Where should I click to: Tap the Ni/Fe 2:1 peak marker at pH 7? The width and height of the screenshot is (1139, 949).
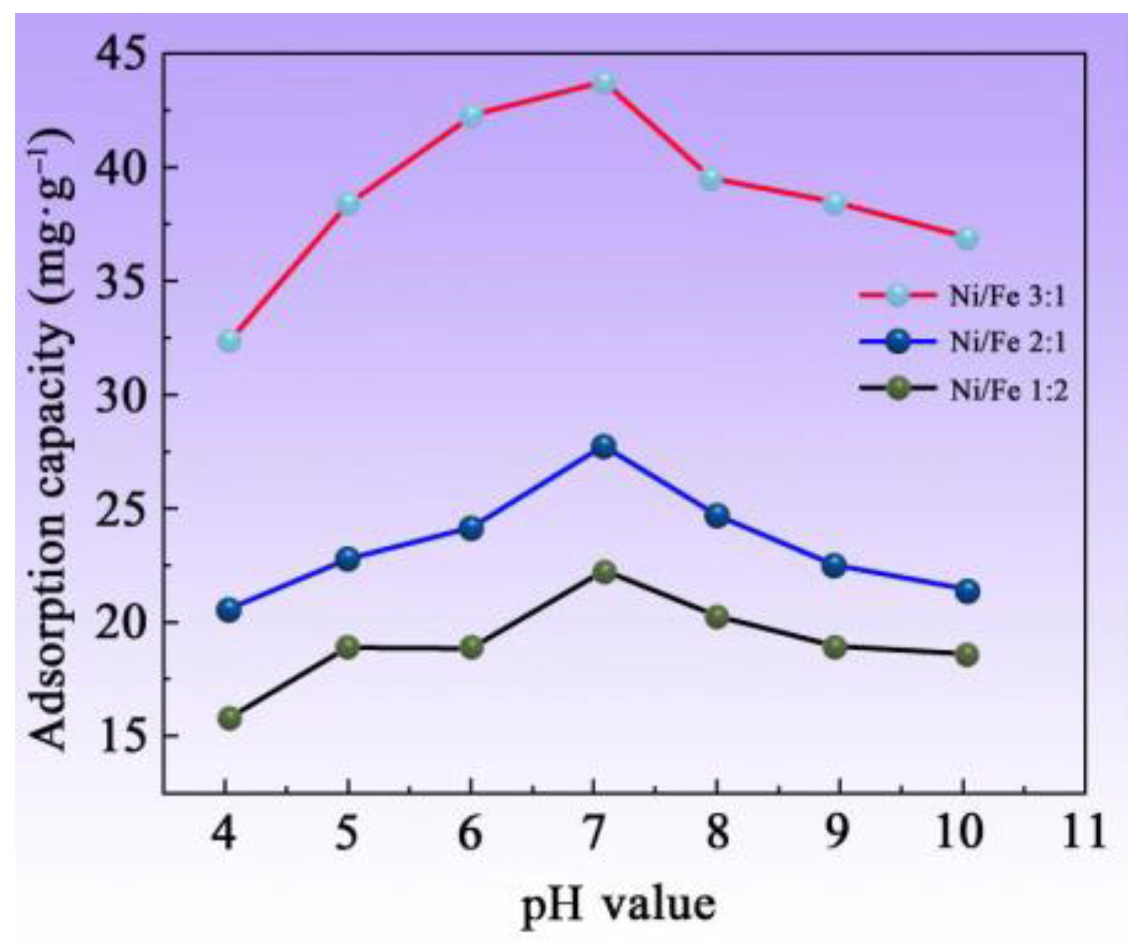coord(604,446)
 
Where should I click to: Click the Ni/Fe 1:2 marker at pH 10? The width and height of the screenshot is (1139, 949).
coord(967,654)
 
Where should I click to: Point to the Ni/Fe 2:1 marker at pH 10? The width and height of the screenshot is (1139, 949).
coord(967,591)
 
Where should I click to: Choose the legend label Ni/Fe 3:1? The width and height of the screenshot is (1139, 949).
coord(1008,297)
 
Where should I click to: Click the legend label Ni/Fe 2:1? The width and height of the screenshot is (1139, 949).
coord(1008,343)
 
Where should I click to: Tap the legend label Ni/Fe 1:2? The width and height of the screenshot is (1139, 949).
coord(1008,390)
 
